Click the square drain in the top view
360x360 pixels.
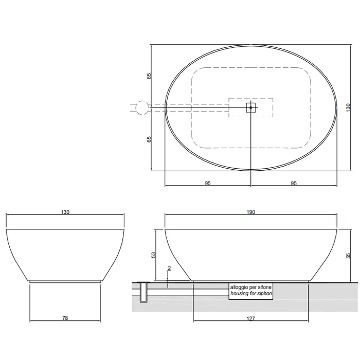coord(251,107)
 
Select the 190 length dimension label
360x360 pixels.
coord(251,212)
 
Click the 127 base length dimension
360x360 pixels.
coord(251,318)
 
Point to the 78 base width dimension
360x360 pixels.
coord(65,318)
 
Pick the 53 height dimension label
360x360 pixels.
coord(154,255)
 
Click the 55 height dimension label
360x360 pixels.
coord(349,256)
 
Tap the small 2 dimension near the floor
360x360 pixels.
coord(169,268)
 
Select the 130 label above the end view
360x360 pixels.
coord(65,212)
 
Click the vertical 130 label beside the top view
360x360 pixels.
coord(349,107)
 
